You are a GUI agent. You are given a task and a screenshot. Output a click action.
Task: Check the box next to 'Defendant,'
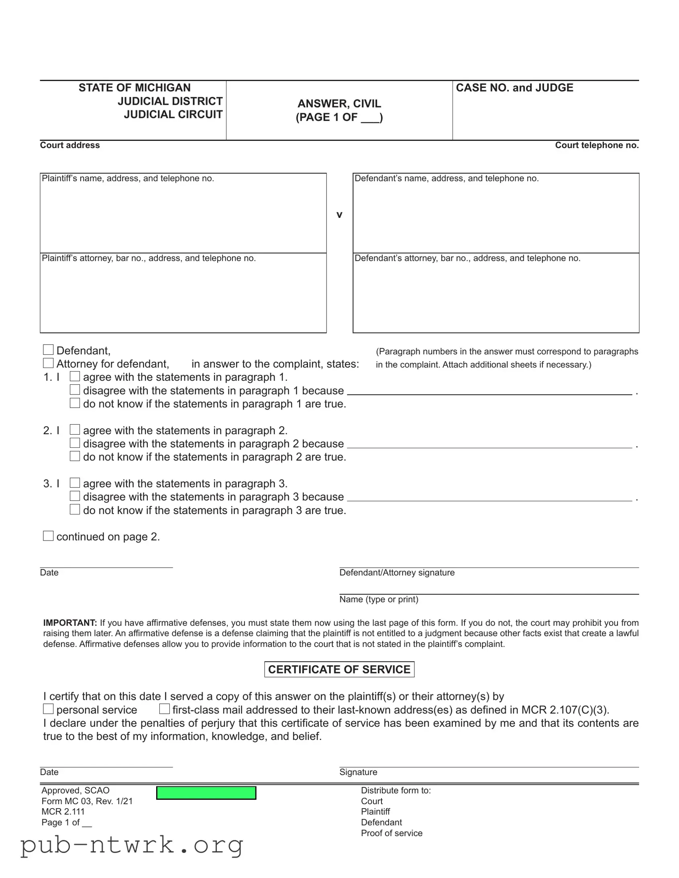(48, 350)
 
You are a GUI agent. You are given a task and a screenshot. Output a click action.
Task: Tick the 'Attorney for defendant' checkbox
(48, 363)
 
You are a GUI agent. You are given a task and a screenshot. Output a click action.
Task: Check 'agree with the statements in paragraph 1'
(75, 376)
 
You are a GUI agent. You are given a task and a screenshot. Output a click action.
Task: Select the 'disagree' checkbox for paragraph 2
(75, 443)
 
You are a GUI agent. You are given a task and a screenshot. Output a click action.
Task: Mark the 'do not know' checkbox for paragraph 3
(75, 509)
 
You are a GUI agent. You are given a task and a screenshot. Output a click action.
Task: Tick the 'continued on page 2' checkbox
(48, 536)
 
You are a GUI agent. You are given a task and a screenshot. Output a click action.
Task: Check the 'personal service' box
(48, 709)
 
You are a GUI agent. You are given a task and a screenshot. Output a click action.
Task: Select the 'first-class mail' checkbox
(165, 709)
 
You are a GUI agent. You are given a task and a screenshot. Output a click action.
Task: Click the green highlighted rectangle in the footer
(206, 793)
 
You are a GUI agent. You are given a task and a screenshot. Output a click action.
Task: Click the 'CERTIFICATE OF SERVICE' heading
(339, 669)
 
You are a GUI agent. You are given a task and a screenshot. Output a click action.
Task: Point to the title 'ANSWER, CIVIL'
(339, 104)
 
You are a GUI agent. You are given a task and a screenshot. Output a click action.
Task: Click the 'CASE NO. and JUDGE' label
(514, 87)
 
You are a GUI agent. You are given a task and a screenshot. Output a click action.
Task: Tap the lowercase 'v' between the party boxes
(339, 215)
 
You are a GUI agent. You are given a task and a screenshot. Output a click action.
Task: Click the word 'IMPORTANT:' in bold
(70, 623)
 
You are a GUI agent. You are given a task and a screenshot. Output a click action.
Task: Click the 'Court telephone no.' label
(597, 145)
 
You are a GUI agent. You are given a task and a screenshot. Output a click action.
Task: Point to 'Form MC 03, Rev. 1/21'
(87, 801)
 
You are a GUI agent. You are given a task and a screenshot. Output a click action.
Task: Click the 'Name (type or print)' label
(379, 600)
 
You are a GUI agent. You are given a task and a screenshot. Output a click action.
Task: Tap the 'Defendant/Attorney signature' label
(397, 573)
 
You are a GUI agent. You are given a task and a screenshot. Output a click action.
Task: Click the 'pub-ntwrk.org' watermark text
(132, 844)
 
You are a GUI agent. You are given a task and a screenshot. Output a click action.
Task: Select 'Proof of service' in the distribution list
(391, 833)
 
